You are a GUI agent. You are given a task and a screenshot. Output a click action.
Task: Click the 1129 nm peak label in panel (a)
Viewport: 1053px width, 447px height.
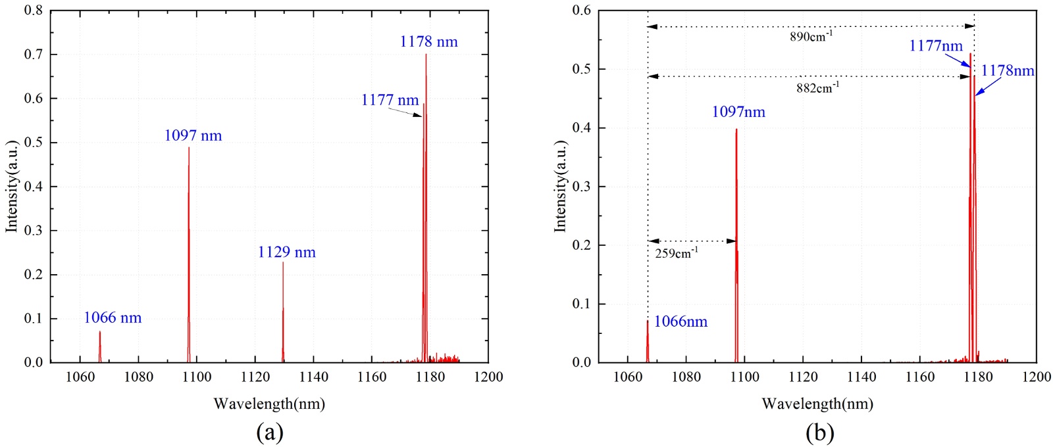(x=286, y=252)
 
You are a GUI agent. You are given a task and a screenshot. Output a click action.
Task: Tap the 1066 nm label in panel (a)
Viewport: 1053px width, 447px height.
(x=113, y=318)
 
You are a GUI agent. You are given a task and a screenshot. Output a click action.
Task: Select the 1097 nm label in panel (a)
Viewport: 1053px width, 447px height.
(x=193, y=136)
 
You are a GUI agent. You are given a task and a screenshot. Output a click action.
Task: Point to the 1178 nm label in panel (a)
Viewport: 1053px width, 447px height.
(x=428, y=42)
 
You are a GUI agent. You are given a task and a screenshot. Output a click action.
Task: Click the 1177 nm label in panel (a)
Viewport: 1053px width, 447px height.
(x=390, y=101)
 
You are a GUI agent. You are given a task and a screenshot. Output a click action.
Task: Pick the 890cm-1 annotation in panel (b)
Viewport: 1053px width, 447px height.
(x=811, y=36)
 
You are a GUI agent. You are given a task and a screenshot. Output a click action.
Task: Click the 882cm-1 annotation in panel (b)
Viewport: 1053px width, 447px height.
(x=817, y=87)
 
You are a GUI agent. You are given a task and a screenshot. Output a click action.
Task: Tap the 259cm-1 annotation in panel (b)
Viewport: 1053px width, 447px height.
(x=677, y=253)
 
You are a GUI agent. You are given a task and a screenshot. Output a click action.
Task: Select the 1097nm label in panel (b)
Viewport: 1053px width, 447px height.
(x=738, y=112)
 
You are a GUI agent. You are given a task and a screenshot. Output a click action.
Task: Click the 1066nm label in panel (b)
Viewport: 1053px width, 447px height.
(x=681, y=322)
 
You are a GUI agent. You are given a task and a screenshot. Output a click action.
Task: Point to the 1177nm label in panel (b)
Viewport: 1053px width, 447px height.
(x=936, y=46)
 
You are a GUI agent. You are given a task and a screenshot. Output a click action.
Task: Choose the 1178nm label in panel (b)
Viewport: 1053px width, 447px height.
(x=1008, y=71)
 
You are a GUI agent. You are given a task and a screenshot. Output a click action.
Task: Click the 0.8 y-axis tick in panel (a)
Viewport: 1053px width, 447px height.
(x=34, y=11)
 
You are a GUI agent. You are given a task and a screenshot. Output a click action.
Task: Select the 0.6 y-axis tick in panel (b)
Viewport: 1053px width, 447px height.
(x=582, y=11)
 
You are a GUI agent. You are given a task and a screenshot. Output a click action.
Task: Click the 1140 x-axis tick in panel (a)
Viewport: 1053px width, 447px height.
(x=313, y=377)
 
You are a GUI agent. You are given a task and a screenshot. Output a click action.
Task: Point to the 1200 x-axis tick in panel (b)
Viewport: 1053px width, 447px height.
(x=1037, y=377)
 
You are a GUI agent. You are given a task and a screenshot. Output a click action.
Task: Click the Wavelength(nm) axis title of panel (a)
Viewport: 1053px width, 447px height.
(x=269, y=404)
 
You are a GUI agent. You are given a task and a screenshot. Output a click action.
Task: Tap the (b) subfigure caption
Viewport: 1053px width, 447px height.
(x=819, y=433)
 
